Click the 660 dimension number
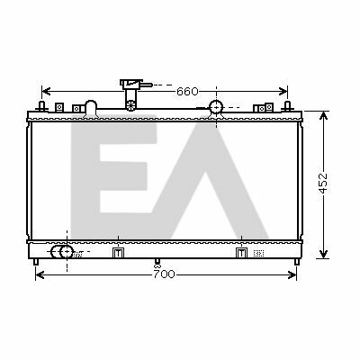tap(187, 91)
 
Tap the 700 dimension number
tap(164, 274)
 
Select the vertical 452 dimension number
tap(323, 183)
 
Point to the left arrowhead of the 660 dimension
tap(46, 91)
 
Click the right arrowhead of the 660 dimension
tap(283, 91)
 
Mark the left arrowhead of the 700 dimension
tap(40, 274)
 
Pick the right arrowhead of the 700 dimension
tap(292, 274)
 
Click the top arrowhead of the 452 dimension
tap(323, 116)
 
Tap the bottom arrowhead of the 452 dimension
tap(323, 254)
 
